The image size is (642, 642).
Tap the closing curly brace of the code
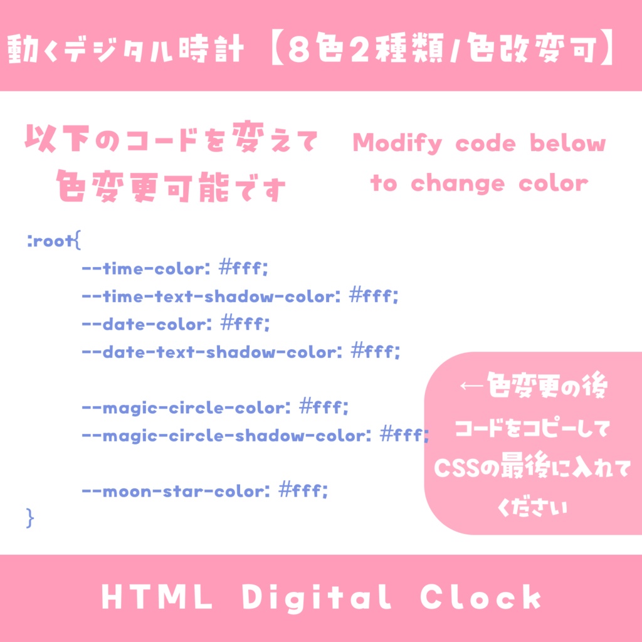pyautogui.click(x=30, y=518)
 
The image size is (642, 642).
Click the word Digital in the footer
pyautogui.click(x=317, y=599)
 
